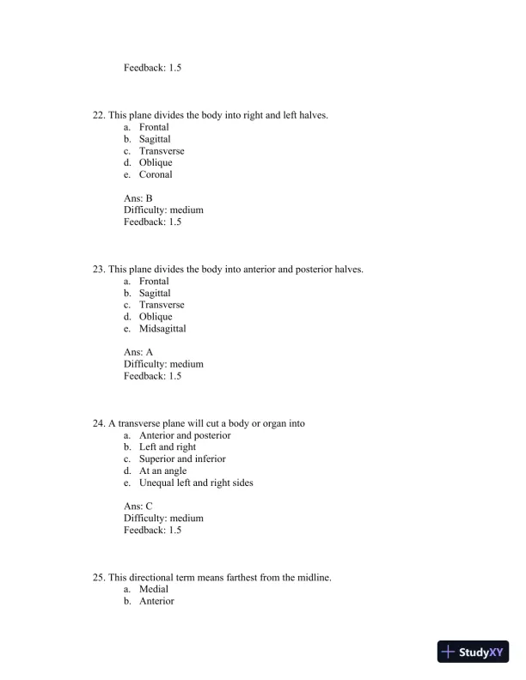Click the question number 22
[98, 115]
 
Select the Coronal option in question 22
[156, 175]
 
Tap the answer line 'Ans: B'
[138, 198]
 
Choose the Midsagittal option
[162, 329]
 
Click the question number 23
[98, 270]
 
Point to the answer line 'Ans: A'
[138, 352]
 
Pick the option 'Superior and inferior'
[182, 459]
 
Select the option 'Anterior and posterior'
[185, 435]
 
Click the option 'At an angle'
[162, 471]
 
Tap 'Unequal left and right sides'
[196, 483]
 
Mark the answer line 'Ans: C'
[138, 507]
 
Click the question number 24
[98, 423]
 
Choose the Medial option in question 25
[154, 590]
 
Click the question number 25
[98, 578]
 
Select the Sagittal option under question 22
[155, 139]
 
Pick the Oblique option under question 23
[156, 317]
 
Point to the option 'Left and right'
[168, 447]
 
